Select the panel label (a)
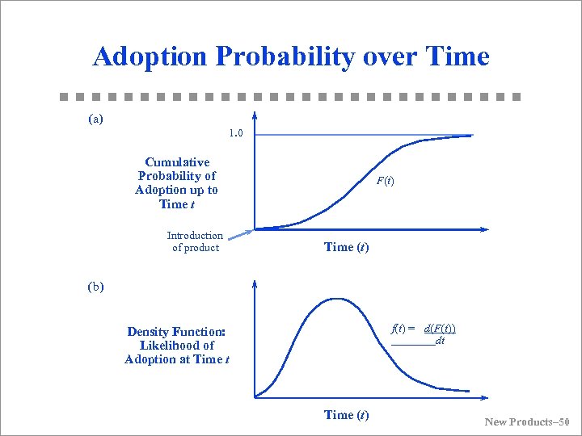pos(95,119)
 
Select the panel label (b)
pos(95,286)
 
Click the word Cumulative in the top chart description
pos(177,162)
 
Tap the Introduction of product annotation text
pos(195,241)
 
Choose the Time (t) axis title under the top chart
pos(346,247)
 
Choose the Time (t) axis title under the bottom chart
pos(346,415)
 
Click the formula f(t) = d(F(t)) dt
pos(423,334)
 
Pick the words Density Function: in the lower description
pos(176,332)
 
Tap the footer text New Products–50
pos(526,422)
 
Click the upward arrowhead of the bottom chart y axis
pos(255,283)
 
